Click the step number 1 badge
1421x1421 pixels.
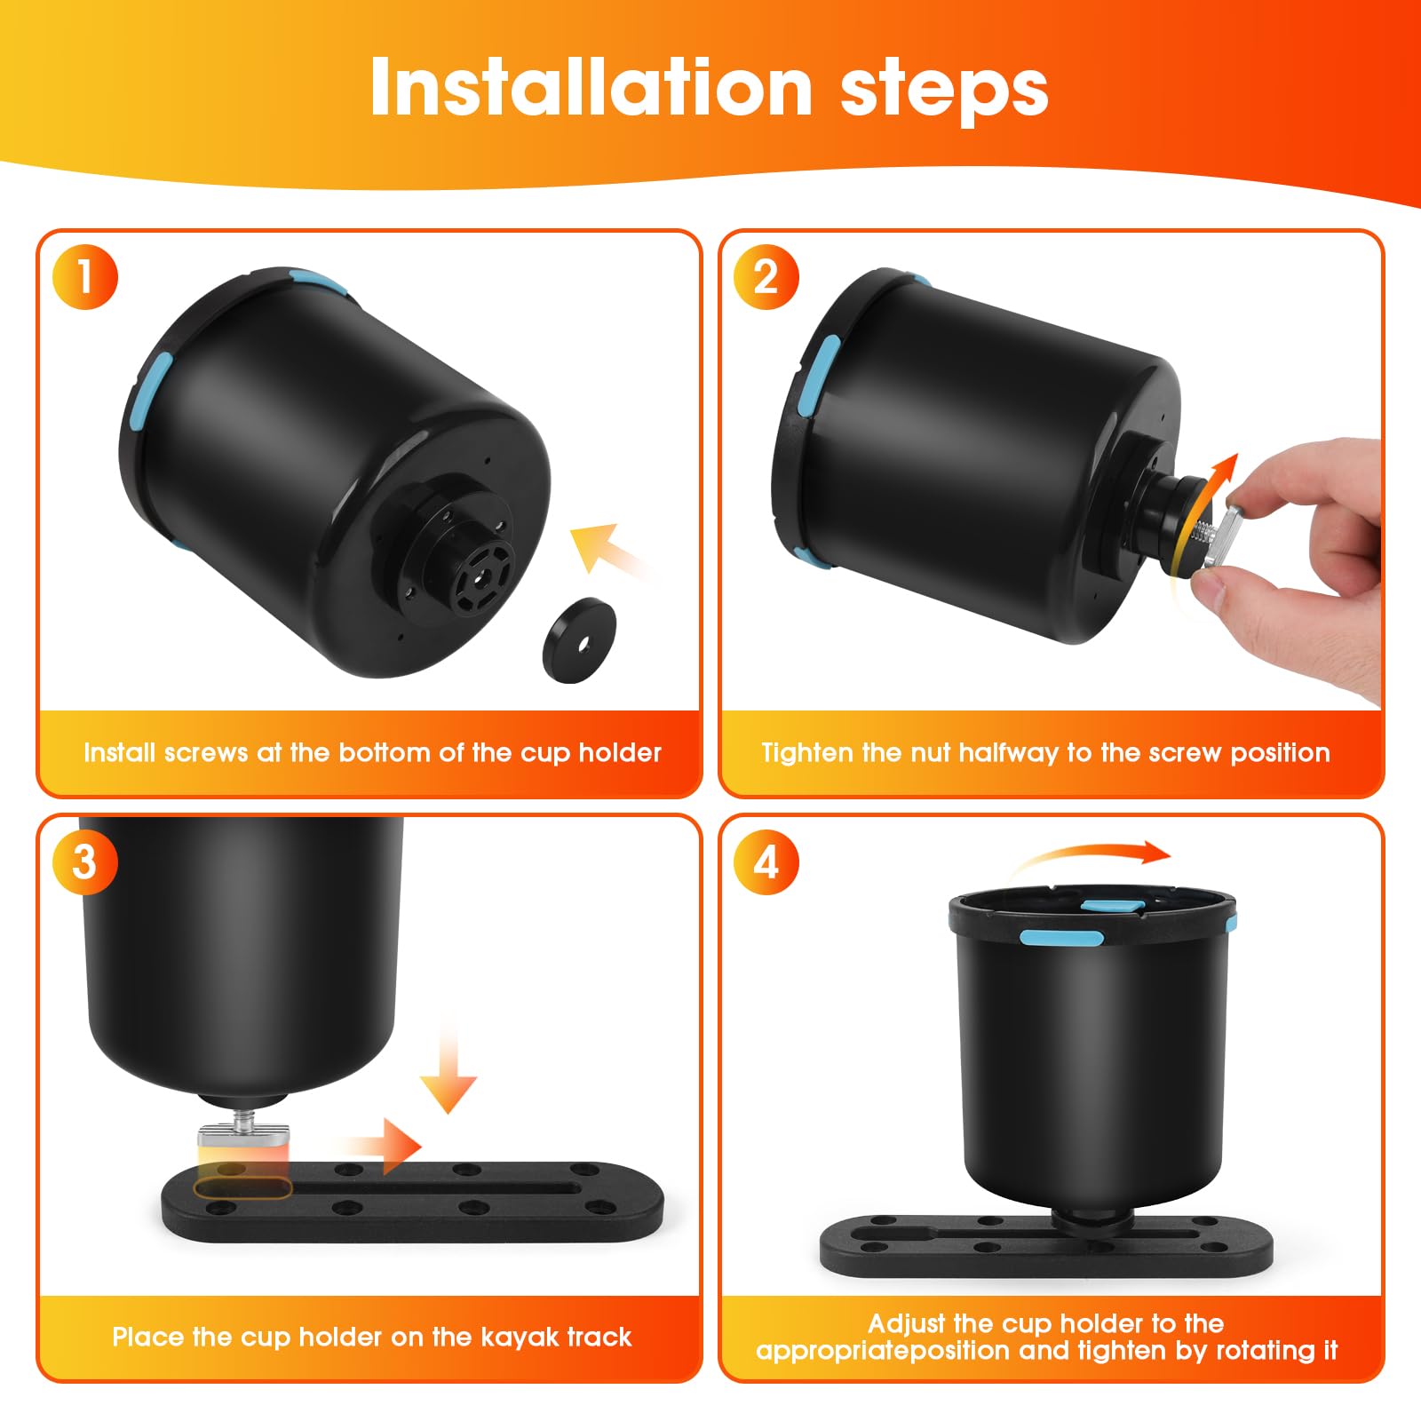coord(84,277)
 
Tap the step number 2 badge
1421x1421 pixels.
coord(766,277)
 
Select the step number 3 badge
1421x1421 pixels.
coord(84,861)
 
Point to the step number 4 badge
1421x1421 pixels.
coord(766,861)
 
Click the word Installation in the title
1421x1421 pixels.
coord(591,87)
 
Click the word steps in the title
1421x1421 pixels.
coord(944,91)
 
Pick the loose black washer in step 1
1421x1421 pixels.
coord(579,639)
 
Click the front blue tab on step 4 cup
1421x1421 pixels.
coord(1061,937)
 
